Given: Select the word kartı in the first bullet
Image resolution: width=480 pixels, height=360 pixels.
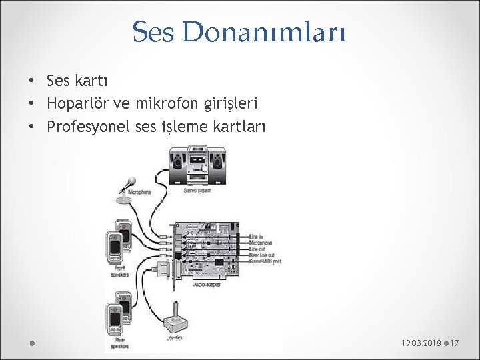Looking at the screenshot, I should [95, 81].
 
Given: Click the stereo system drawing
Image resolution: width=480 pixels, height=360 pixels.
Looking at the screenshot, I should [199, 166].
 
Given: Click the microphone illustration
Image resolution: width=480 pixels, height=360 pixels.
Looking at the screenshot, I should [127, 189].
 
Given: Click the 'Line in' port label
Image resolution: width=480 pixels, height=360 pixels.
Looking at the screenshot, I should [257, 237].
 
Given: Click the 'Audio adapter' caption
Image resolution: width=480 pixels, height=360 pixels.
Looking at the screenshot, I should [208, 284].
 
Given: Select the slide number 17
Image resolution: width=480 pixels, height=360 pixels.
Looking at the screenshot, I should [456, 343].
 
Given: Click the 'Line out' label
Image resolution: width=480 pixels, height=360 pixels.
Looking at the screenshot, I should [258, 249].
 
